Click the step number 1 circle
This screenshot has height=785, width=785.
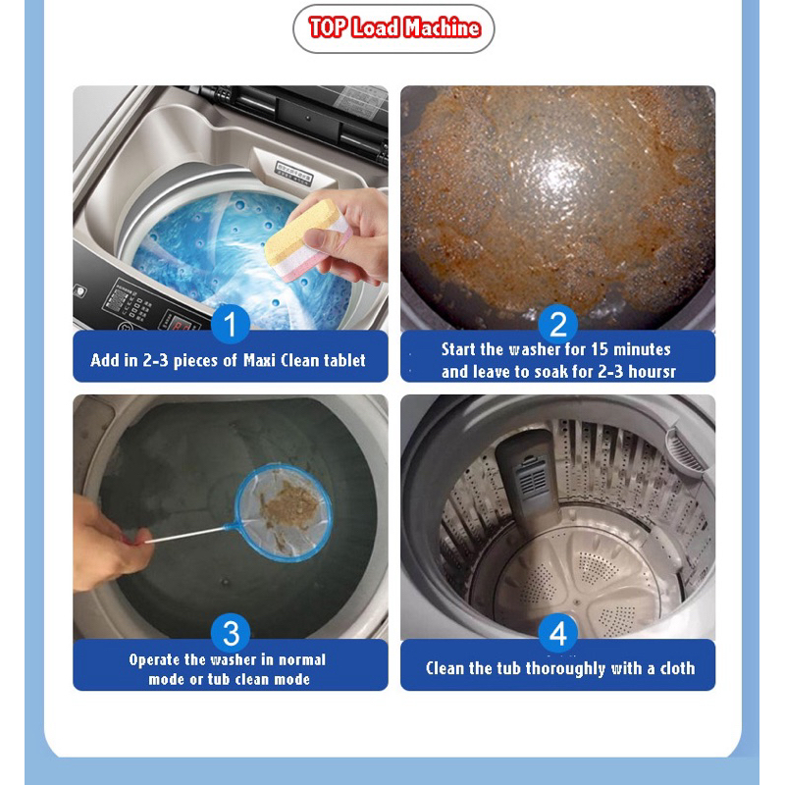(231, 325)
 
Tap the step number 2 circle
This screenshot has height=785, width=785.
(557, 325)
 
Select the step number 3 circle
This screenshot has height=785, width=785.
(231, 633)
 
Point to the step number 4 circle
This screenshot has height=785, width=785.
(557, 633)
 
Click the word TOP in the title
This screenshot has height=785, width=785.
(328, 27)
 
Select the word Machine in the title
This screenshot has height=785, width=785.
(443, 27)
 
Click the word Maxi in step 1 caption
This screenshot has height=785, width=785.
(259, 360)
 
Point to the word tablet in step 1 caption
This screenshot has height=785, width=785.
(344, 360)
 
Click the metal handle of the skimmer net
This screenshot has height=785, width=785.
(186, 534)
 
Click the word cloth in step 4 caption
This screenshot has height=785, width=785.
(677, 668)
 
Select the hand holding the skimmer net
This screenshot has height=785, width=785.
(110, 545)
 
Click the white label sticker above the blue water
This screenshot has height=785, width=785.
(293, 172)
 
